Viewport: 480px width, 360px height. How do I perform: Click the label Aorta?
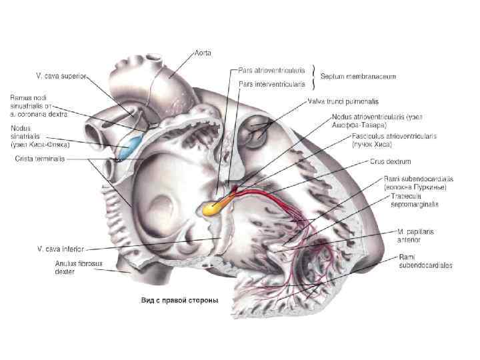pyautogui.click(x=203, y=52)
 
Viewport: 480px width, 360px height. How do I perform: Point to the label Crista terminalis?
pyautogui.click(x=40, y=159)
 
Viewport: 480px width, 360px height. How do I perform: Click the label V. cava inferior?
pyautogui.click(x=59, y=248)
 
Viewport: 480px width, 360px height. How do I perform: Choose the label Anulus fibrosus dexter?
pyautogui.click(x=74, y=267)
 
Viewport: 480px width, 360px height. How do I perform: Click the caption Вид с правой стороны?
pyautogui.click(x=179, y=299)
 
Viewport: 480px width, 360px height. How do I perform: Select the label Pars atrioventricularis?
pyautogui.click(x=271, y=69)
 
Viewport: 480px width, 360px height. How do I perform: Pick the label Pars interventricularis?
pyautogui.click(x=272, y=85)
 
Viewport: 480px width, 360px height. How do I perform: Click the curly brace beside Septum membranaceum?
pyautogui.click(x=314, y=76)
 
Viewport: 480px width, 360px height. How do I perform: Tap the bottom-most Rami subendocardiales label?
pyautogui.click(x=425, y=261)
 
